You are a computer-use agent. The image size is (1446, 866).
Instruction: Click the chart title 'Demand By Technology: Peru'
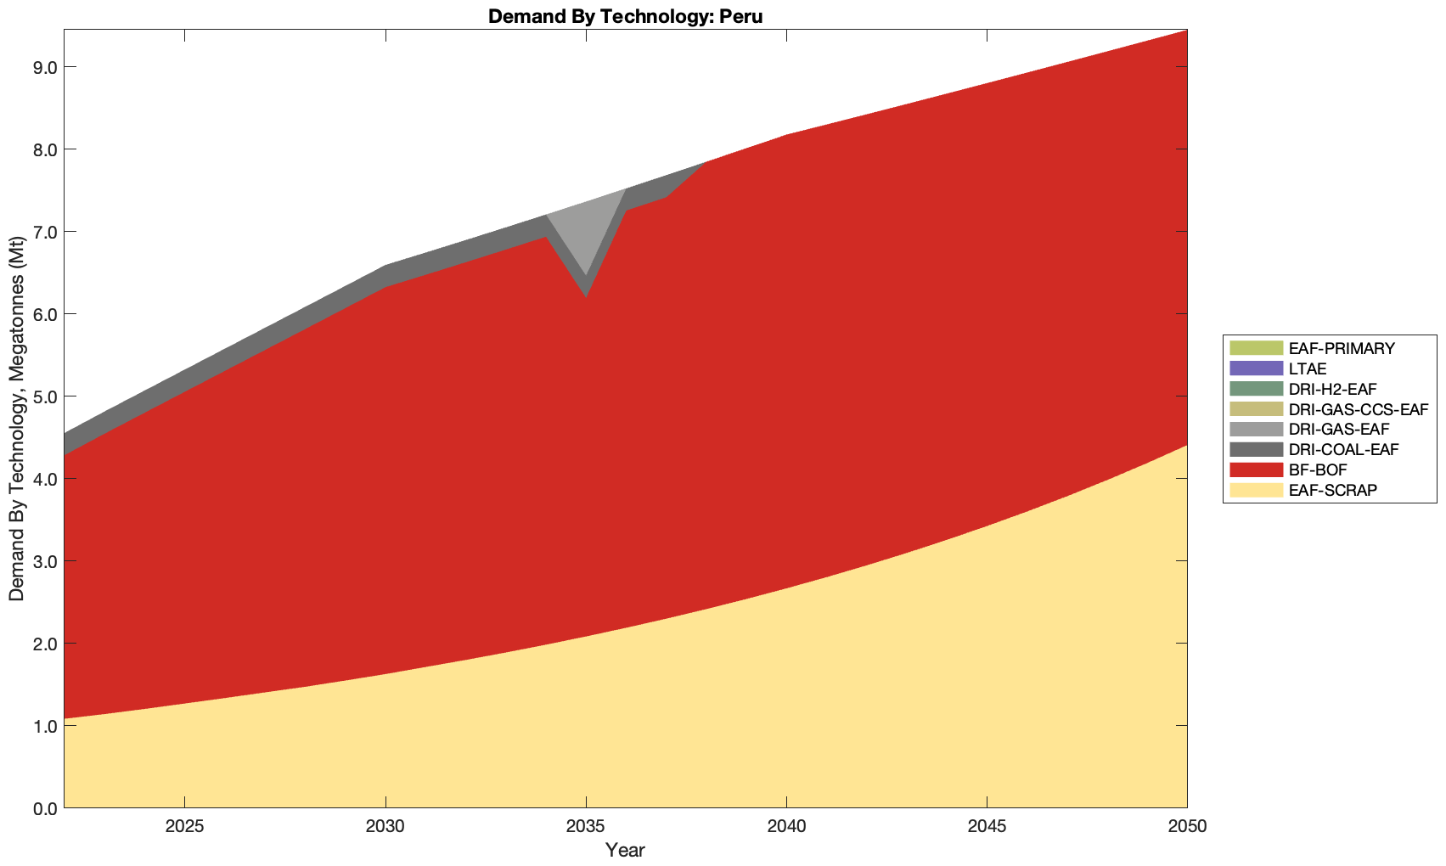point(625,16)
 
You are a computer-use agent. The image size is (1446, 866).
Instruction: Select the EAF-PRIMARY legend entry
point(1341,348)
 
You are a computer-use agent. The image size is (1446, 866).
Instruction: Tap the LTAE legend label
point(1307,368)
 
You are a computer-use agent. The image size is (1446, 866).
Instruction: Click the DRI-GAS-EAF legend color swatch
point(1256,430)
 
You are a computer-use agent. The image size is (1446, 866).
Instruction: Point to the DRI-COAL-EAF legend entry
point(1342,450)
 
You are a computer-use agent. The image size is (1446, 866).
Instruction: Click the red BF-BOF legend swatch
point(1256,470)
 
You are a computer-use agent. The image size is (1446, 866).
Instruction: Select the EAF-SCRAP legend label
point(1332,490)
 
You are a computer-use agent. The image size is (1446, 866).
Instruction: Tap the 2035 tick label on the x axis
point(586,826)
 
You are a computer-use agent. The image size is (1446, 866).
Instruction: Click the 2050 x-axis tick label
point(1187,826)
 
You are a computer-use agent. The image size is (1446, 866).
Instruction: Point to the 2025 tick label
point(184,826)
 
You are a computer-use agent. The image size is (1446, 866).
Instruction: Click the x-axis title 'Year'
point(625,850)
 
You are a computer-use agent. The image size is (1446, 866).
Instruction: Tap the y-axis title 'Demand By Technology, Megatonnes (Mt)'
point(16,418)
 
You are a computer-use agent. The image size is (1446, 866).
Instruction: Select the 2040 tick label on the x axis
point(786,826)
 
